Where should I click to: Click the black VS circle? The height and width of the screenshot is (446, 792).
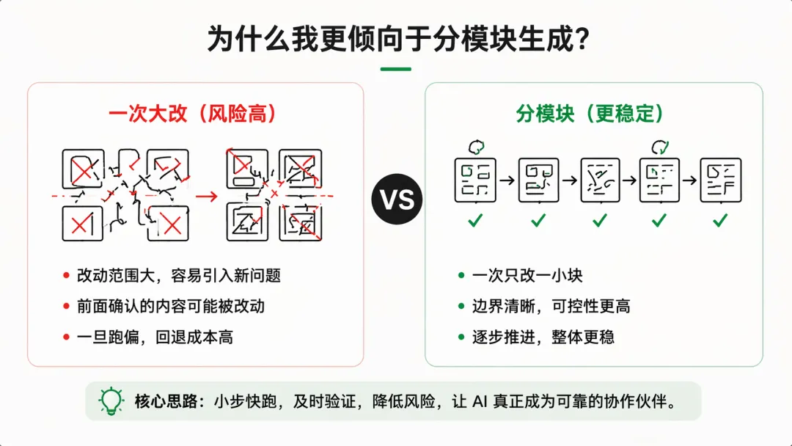pos(397,200)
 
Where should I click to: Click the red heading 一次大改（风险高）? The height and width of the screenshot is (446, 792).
pos(192,114)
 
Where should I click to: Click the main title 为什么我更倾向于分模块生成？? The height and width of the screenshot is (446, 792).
pos(396,39)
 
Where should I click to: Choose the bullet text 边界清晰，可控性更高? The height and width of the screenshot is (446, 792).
pos(551,307)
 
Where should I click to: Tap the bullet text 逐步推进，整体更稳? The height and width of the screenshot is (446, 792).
pos(543,337)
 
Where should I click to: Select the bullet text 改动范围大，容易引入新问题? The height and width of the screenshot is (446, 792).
pos(179,276)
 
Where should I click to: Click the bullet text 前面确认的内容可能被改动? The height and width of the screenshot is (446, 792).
pos(171,307)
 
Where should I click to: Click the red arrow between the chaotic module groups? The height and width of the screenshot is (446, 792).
pos(207,196)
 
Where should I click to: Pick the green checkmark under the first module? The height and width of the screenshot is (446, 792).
pos(475,219)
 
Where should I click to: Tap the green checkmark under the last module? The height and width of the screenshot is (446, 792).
pos(720,219)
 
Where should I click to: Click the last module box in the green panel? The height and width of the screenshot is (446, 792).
pos(720,180)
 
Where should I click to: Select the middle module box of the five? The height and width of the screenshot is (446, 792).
pos(600,180)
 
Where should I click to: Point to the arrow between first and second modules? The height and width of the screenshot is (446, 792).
pos(507,180)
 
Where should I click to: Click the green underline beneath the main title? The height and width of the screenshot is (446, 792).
pos(396,69)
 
